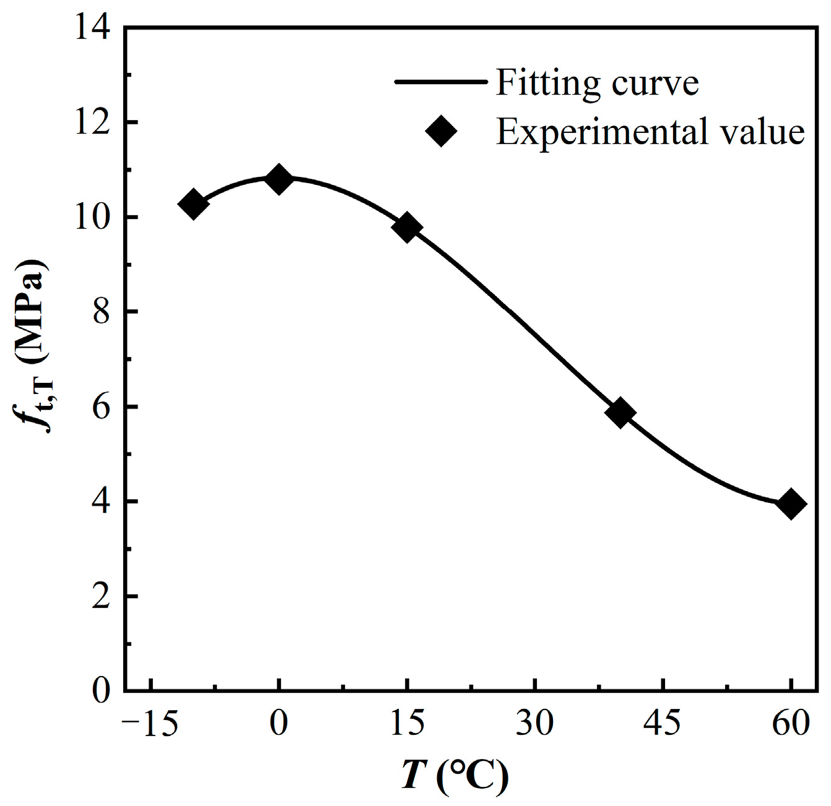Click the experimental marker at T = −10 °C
click(x=193, y=204)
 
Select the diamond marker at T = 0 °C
click(x=279, y=179)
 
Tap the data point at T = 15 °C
click(x=407, y=228)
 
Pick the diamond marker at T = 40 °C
click(x=621, y=413)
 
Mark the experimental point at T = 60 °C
click(x=791, y=504)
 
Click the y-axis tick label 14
click(x=94, y=29)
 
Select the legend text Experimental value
click(x=650, y=132)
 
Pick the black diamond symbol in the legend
click(x=440, y=131)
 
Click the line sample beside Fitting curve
click(x=440, y=82)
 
